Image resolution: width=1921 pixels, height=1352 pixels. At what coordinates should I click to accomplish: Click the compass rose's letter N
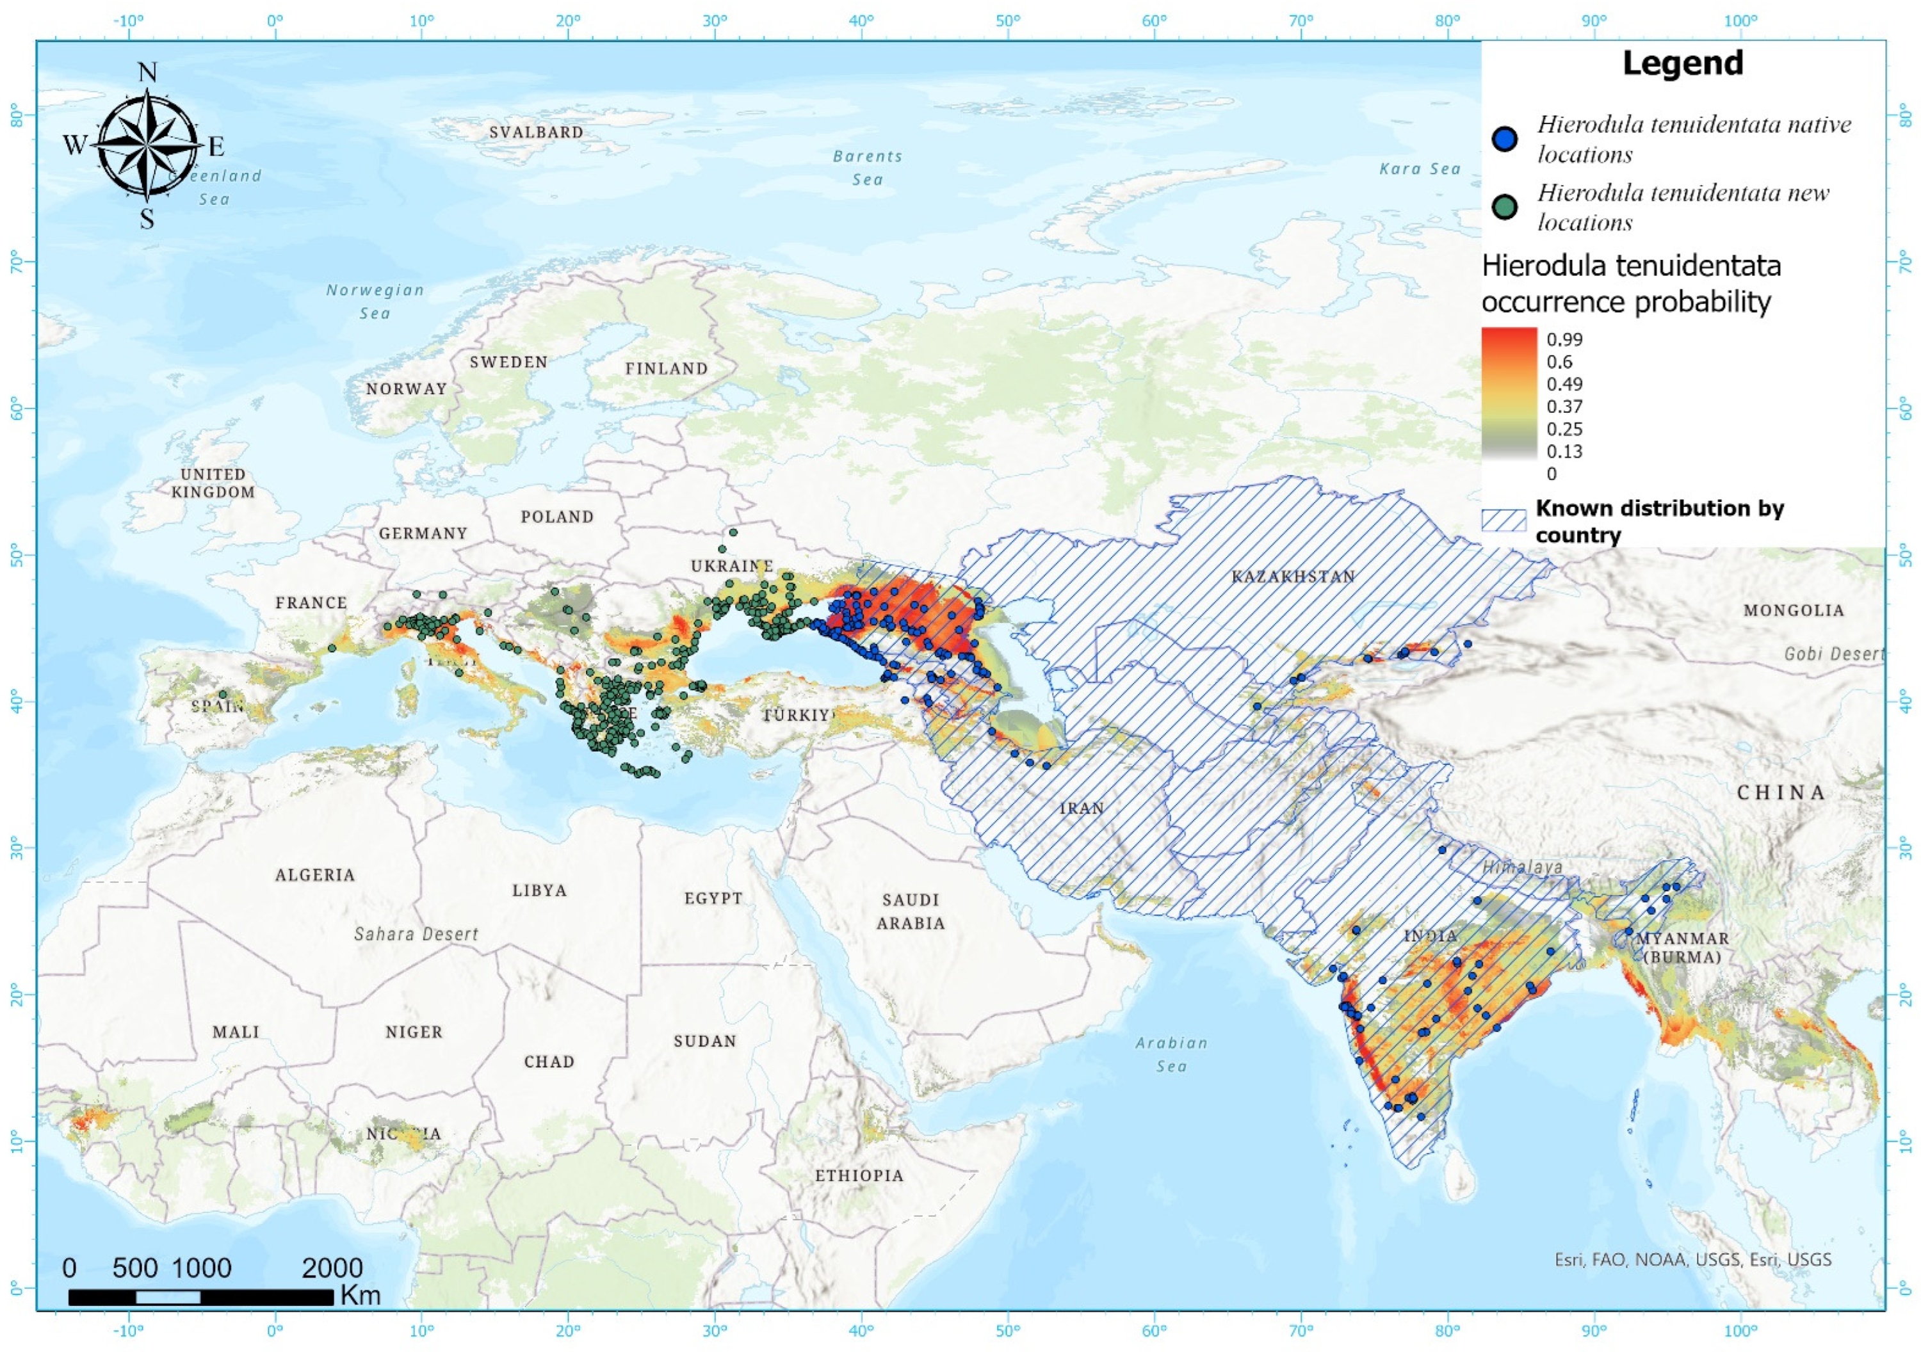pyautogui.click(x=147, y=73)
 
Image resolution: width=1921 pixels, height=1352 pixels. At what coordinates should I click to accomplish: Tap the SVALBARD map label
pyautogui.click(x=537, y=132)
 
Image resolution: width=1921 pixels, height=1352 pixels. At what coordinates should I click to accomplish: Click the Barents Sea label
pyautogui.click(x=868, y=167)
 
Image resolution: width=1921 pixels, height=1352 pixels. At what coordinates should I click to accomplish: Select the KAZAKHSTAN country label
pyautogui.click(x=1293, y=576)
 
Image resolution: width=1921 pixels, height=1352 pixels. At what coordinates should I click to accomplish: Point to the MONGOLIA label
pyautogui.click(x=1794, y=611)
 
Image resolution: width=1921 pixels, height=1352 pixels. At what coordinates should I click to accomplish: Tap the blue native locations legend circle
pyautogui.click(x=1505, y=139)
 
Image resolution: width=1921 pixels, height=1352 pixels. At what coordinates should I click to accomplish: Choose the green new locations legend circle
pyautogui.click(x=1505, y=207)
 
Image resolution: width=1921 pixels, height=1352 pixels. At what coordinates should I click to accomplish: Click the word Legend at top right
pyautogui.click(x=1683, y=63)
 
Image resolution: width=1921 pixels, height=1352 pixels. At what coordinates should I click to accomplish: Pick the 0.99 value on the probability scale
pyautogui.click(x=1564, y=340)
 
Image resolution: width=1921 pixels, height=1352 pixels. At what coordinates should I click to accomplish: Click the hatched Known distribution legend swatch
pyautogui.click(x=1504, y=520)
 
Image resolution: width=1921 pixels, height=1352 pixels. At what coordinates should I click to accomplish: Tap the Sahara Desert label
pyautogui.click(x=416, y=934)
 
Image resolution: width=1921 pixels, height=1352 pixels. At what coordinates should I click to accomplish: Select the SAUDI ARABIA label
pyautogui.click(x=911, y=911)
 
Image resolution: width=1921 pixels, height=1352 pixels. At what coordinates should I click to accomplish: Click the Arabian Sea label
pyautogui.click(x=1171, y=1054)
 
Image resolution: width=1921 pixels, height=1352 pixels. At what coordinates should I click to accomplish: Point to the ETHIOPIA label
pyautogui.click(x=859, y=1175)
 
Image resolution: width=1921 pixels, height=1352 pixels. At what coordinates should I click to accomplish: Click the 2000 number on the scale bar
pyautogui.click(x=332, y=1267)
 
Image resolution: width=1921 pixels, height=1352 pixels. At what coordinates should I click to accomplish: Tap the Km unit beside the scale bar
pyautogui.click(x=361, y=1296)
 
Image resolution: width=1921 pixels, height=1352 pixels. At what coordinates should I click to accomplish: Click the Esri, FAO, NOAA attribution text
pyautogui.click(x=1692, y=1259)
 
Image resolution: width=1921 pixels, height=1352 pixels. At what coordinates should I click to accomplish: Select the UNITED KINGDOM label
pyautogui.click(x=213, y=483)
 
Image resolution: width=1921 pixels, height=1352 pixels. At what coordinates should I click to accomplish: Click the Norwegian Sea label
pyautogui.click(x=375, y=301)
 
